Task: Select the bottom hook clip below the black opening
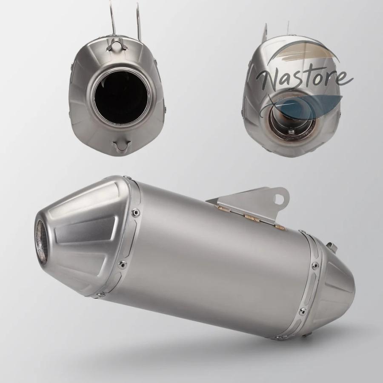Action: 122,146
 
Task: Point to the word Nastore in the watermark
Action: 305,78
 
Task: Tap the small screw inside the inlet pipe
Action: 290,132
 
